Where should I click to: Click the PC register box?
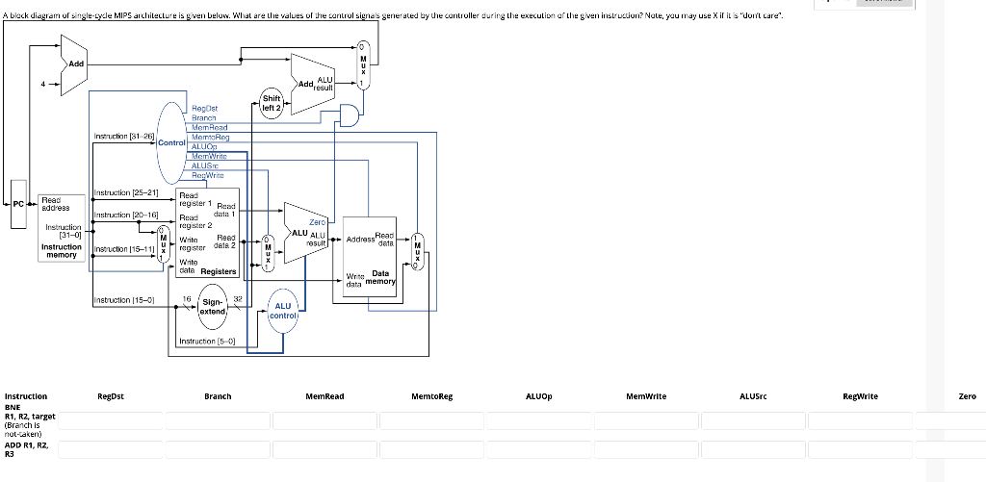[18, 203]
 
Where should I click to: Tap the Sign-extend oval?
[213, 306]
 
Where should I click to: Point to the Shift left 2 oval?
[272, 103]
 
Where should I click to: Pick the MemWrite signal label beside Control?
[209, 156]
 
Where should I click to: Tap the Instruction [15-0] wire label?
[122, 301]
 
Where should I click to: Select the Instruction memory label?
[61, 251]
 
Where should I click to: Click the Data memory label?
[379, 277]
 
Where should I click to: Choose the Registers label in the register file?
[219, 272]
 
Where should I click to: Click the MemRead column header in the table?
[324, 396]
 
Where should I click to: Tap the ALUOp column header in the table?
[539, 396]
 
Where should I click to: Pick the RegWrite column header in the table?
[860, 396]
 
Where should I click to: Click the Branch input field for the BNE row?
[217, 420]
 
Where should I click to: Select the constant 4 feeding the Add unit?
[42, 84]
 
